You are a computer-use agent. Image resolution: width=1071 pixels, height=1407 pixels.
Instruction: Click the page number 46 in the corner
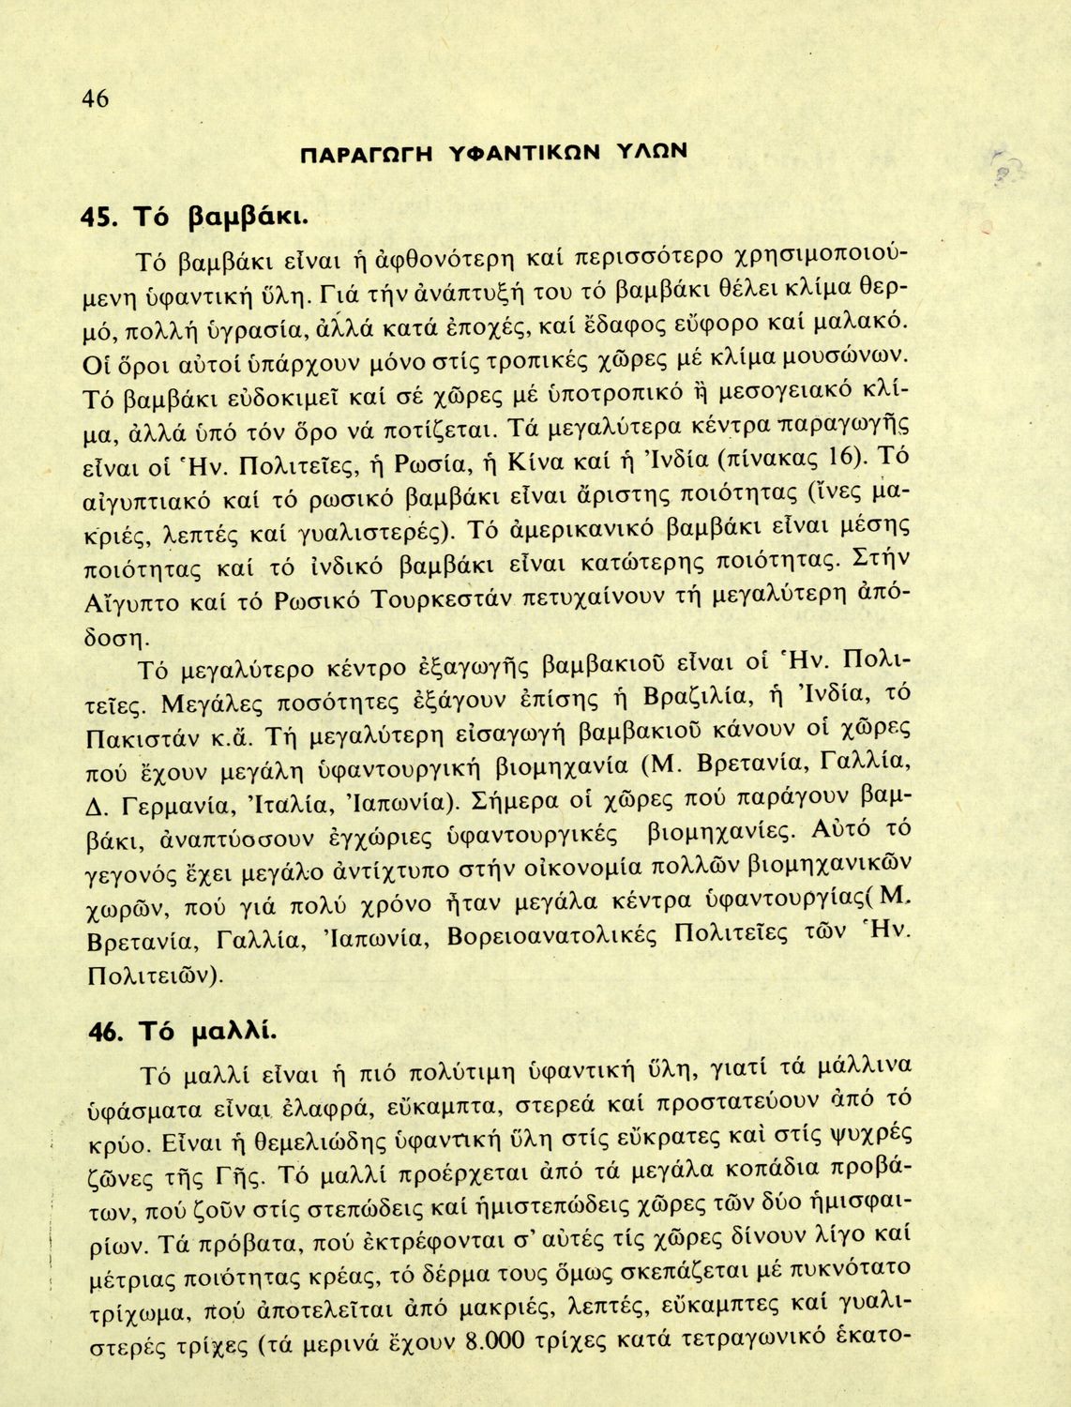[x=96, y=98]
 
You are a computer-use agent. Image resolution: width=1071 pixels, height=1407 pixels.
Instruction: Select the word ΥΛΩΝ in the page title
[x=652, y=151]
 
